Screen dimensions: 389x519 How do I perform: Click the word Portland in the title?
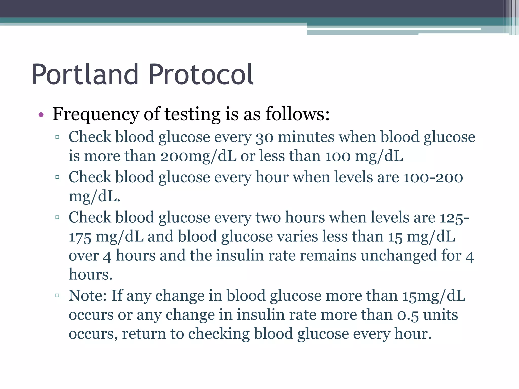pyautogui.click(x=85, y=75)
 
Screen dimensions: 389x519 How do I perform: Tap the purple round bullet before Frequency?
pyautogui.click(x=41, y=115)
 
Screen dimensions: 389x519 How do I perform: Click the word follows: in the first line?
pyautogui.click(x=298, y=114)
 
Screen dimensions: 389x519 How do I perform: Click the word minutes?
pyautogui.click(x=306, y=137)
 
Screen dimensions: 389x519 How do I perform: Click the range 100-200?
pyautogui.click(x=433, y=177)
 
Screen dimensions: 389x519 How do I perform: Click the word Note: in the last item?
pyautogui.click(x=87, y=296)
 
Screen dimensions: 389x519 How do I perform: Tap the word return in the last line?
pyautogui.click(x=144, y=334)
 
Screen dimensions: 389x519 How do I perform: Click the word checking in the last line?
pyautogui.click(x=219, y=334)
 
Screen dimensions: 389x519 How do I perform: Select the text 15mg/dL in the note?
pyautogui.click(x=434, y=296)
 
